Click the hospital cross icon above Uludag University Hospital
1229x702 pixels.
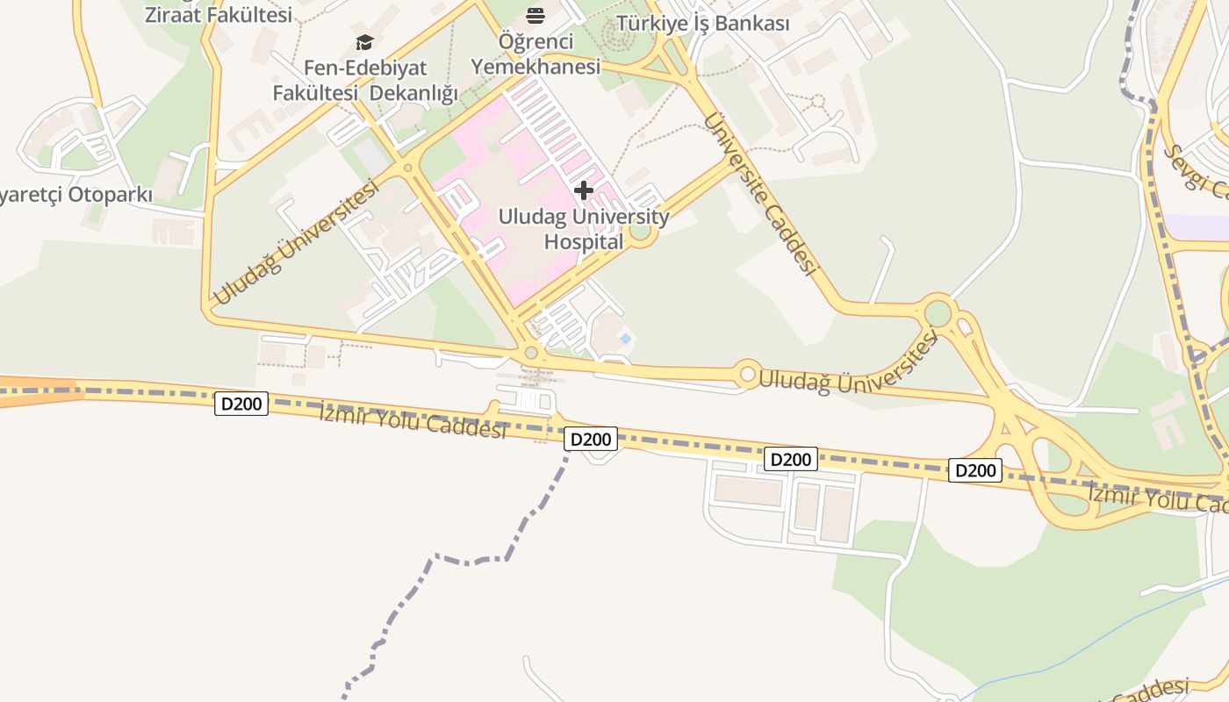pyautogui.click(x=584, y=190)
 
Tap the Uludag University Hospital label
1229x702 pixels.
pyautogui.click(x=584, y=229)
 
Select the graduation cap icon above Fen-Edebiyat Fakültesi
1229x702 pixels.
pyautogui.click(x=364, y=42)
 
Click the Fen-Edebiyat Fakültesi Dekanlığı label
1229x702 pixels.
pyautogui.click(x=365, y=80)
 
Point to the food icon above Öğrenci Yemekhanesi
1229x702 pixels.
pyautogui.click(x=535, y=15)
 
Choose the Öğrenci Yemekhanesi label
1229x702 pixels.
pyautogui.click(x=535, y=54)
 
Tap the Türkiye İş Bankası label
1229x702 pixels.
pyautogui.click(x=702, y=24)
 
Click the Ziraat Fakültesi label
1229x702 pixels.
pyautogui.click(x=218, y=14)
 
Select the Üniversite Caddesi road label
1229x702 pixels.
pyautogui.click(x=760, y=195)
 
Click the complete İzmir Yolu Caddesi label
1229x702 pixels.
pyautogui.click(x=413, y=419)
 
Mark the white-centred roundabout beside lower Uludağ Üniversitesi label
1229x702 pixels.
pyautogui.click(x=747, y=375)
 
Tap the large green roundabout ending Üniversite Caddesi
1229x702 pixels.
pyautogui.click(x=938, y=313)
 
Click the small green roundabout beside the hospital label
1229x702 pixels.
pyautogui.click(x=640, y=231)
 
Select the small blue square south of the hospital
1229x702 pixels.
pyautogui.click(x=625, y=338)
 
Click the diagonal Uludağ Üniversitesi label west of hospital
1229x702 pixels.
pyautogui.click(x=296, y=243)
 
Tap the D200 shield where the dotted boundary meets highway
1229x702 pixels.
pyautogui.click(x=590, y=439)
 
